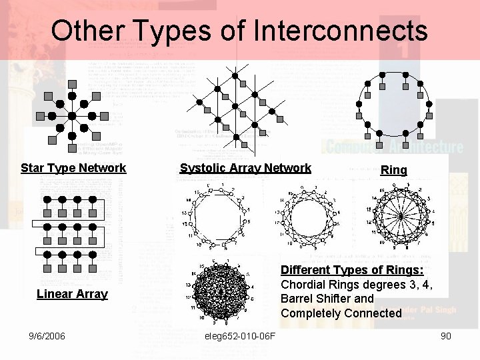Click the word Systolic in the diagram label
(203, 168)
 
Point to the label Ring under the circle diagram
(393, 170)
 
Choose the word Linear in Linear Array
(55, 294)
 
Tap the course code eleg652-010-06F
(239, 335)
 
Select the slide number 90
(446, 335)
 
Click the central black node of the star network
(72, 115)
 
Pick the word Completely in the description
(313, 313)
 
